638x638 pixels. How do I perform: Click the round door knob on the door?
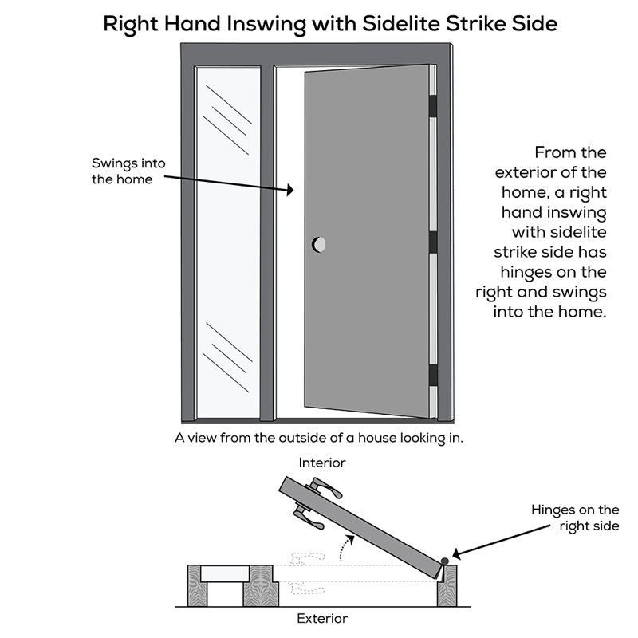[318, 245]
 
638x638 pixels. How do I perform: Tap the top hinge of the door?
[433, 105]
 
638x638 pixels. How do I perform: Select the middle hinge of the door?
[433, 242]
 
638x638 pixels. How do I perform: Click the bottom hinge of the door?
[433, 375]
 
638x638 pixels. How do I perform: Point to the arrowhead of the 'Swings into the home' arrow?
[289, 190]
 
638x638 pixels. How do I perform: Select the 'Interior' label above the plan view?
[322, 463]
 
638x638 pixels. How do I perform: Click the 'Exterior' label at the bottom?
[322, 619]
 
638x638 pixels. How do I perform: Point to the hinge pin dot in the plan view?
[445, 561]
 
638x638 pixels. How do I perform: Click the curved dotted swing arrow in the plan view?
[345, 547]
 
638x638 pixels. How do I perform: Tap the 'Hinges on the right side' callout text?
[575, 518]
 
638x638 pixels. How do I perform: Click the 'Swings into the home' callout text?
[128, 171]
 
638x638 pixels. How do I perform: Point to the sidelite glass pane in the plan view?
[225, 573]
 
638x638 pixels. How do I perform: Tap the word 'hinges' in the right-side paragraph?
[525, 272]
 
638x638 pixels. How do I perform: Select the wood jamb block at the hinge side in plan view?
[447, 586]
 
